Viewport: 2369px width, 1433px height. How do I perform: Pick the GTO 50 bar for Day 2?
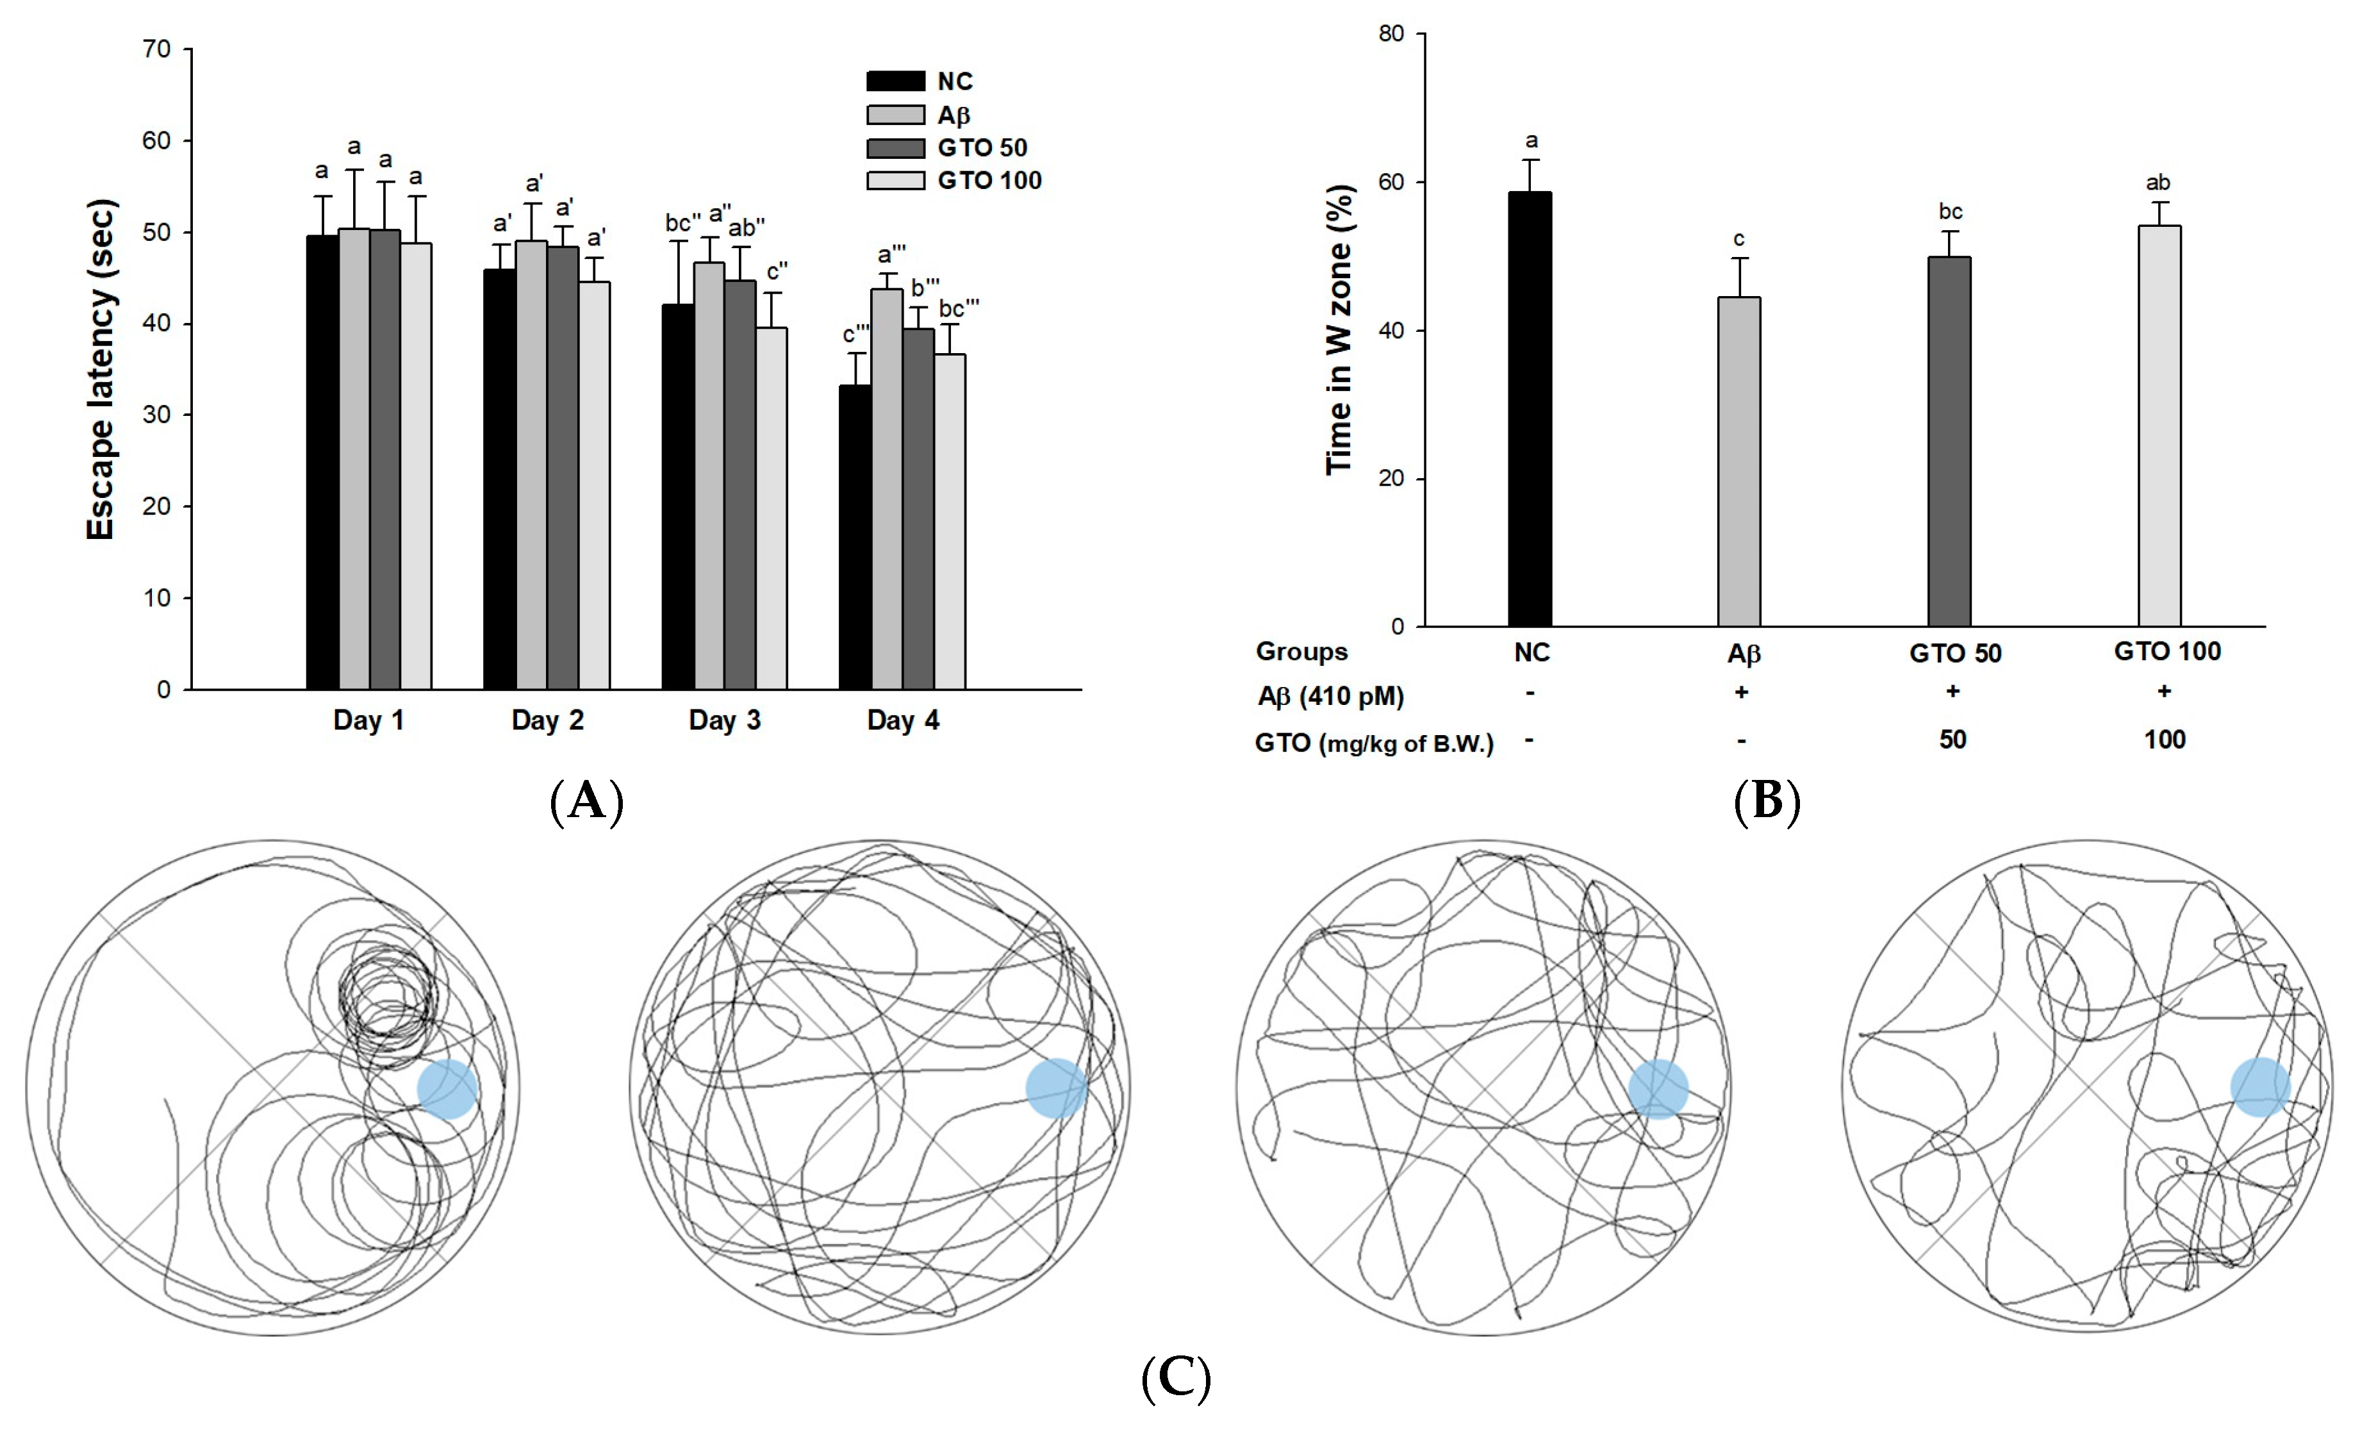563,467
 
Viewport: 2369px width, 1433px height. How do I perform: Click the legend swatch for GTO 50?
895,148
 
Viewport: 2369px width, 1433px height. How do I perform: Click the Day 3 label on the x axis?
725,720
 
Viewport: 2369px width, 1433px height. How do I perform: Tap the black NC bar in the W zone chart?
1530,409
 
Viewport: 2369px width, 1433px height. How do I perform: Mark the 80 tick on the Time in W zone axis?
1391,34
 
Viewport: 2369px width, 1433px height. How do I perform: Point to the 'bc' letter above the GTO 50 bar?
1951,211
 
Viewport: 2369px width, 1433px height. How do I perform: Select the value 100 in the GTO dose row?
2164,740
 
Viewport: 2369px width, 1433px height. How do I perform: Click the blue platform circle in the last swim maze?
2259,1087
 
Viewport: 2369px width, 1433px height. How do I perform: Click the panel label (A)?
586,800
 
